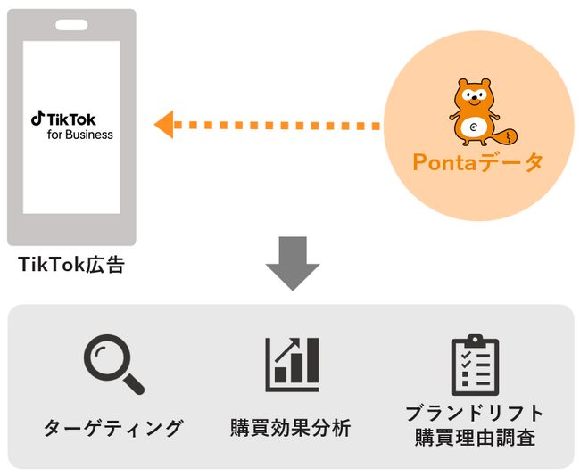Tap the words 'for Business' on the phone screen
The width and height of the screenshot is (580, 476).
click(80, 135)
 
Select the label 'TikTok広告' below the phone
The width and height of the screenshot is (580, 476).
click(71, 265)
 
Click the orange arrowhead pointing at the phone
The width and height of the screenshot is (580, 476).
click(162, 124)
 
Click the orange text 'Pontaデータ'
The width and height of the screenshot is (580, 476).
click(477, 162)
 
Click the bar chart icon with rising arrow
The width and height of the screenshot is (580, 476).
click(292, 364)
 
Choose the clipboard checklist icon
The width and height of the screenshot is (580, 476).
click(475, 365)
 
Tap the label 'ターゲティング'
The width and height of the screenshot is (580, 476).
click(113, 428)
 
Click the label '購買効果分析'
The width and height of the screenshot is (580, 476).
click(291, 428)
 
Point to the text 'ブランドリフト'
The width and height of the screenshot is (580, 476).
click(474, 413)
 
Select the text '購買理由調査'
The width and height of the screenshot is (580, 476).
click(474, 438)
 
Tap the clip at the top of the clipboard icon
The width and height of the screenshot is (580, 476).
click(475, 341)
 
